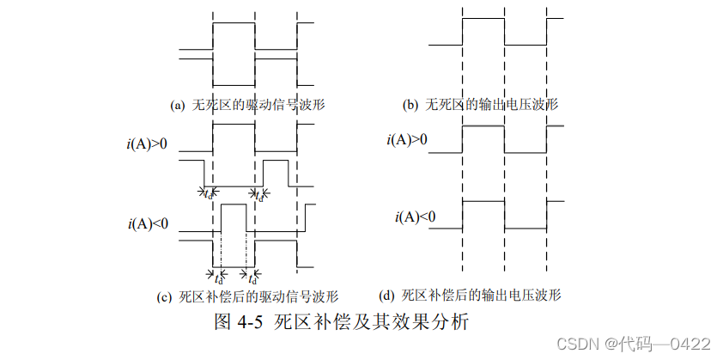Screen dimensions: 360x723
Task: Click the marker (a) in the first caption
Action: [178, 106]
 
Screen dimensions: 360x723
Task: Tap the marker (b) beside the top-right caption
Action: [410, 106]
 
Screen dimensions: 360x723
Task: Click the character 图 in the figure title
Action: [222, 324]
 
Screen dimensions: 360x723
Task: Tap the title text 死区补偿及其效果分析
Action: [371, 324]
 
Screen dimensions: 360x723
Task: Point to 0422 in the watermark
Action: [692, 344]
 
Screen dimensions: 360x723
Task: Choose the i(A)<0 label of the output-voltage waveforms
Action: [416, 216]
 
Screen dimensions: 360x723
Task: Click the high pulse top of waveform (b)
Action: [483, 19]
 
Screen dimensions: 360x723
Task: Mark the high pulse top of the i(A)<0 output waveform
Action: [483, 201]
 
